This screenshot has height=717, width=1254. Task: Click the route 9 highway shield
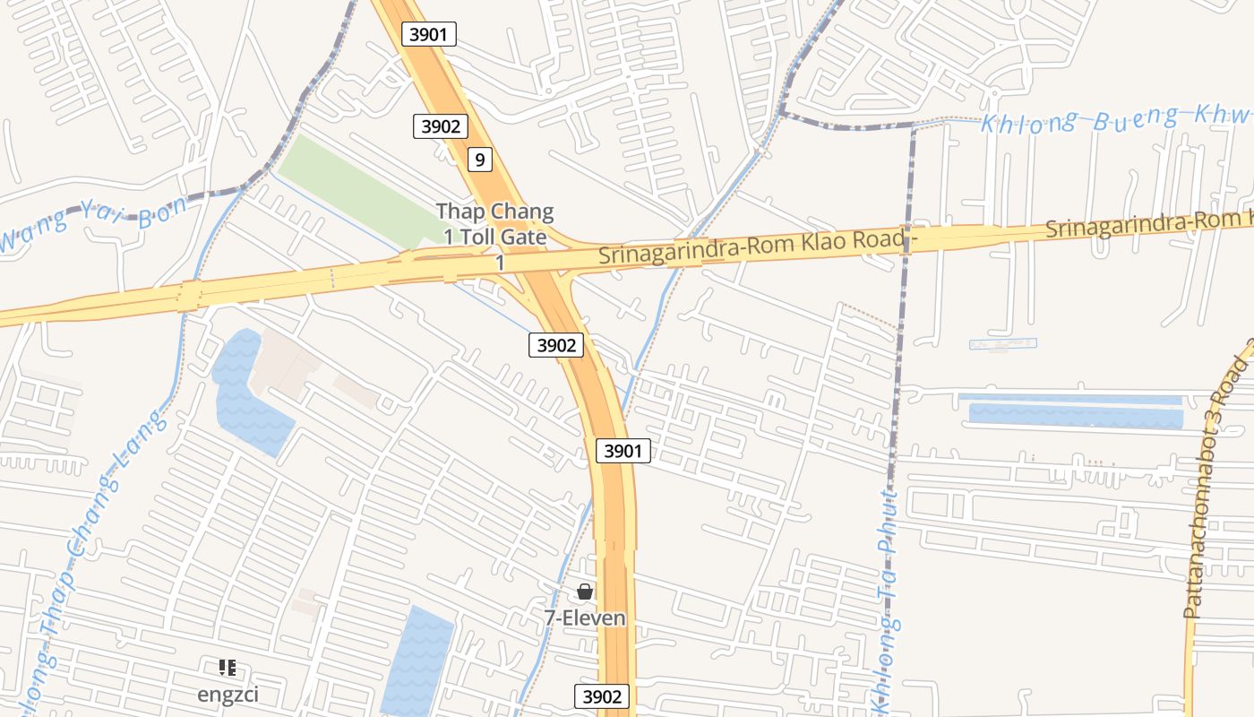tap(480, 160)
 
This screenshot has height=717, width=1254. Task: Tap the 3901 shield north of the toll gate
tap(430, 35)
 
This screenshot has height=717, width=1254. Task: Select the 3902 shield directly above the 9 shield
tap(441, 126)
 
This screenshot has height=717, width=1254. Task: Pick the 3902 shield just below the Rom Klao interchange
tap(556, 345)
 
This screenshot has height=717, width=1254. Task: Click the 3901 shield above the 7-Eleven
tap(623, 451)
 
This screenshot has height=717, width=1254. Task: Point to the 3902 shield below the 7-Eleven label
tap(601, 696)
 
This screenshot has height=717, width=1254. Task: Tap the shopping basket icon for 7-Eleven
tap(585, 592)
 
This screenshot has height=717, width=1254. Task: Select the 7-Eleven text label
tap(585, 618)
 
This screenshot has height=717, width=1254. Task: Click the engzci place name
tap(228, 695)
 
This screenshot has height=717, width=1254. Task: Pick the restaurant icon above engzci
tap(228, 668)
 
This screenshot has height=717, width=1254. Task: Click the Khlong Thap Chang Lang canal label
tap(90, 538)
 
